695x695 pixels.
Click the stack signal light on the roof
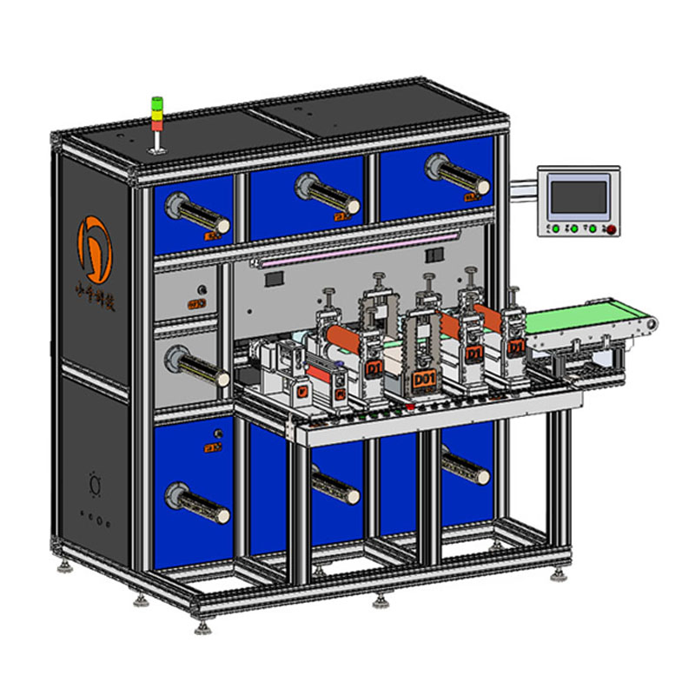[157, 118]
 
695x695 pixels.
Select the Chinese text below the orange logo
[93, 304]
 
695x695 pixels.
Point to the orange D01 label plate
[424, 381]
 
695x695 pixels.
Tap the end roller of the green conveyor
[646, 323]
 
